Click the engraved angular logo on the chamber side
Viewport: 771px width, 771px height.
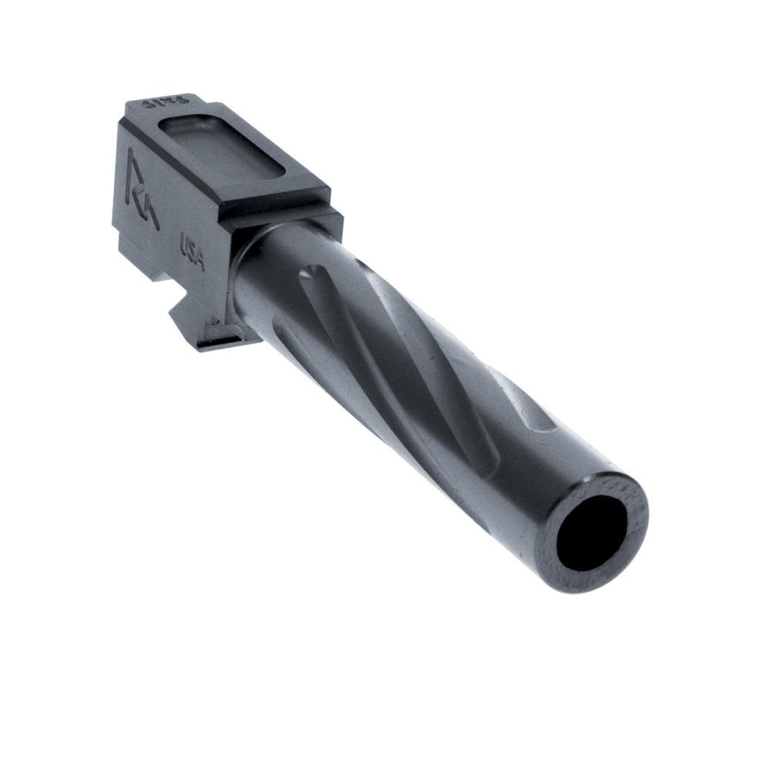point(142,189)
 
